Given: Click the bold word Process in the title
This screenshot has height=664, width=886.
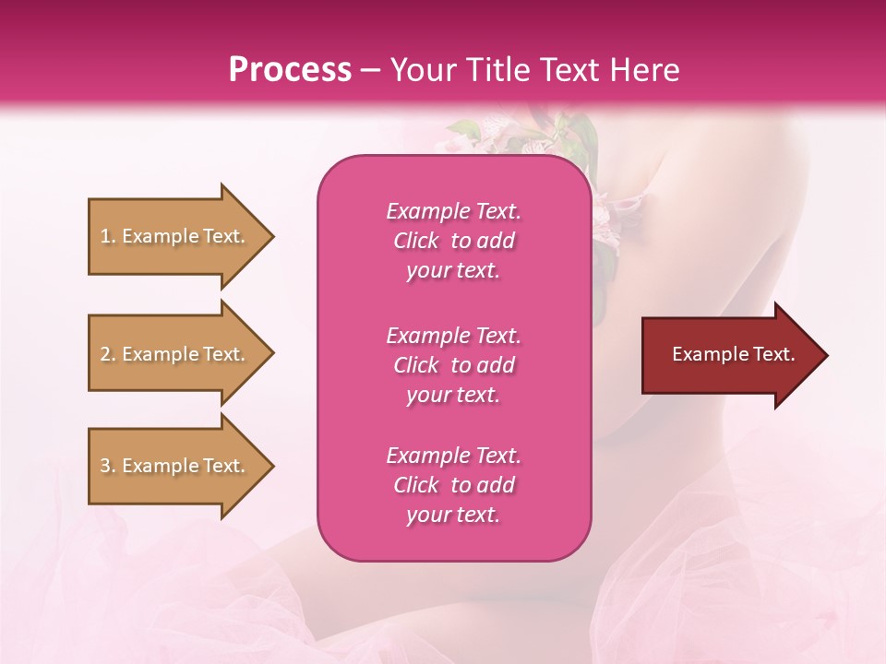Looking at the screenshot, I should pyautogui.click(x=290, y=70).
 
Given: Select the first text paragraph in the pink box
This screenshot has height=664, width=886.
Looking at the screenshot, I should pyautogui.click(x=453, y=241).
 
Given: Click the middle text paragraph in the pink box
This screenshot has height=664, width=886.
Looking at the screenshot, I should pyautogui.click(x=453, y=365).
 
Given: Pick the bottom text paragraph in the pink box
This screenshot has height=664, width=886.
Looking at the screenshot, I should pyautogui.click(x=453, y=485).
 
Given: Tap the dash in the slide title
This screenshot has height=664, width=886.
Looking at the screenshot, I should pyautogui.click(x=371, y=70).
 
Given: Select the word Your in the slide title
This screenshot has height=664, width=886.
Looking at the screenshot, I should pyautogui.click(x=420, y=70).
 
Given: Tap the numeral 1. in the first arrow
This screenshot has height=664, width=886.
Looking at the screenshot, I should pyautogui.click(x=108, y=236).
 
